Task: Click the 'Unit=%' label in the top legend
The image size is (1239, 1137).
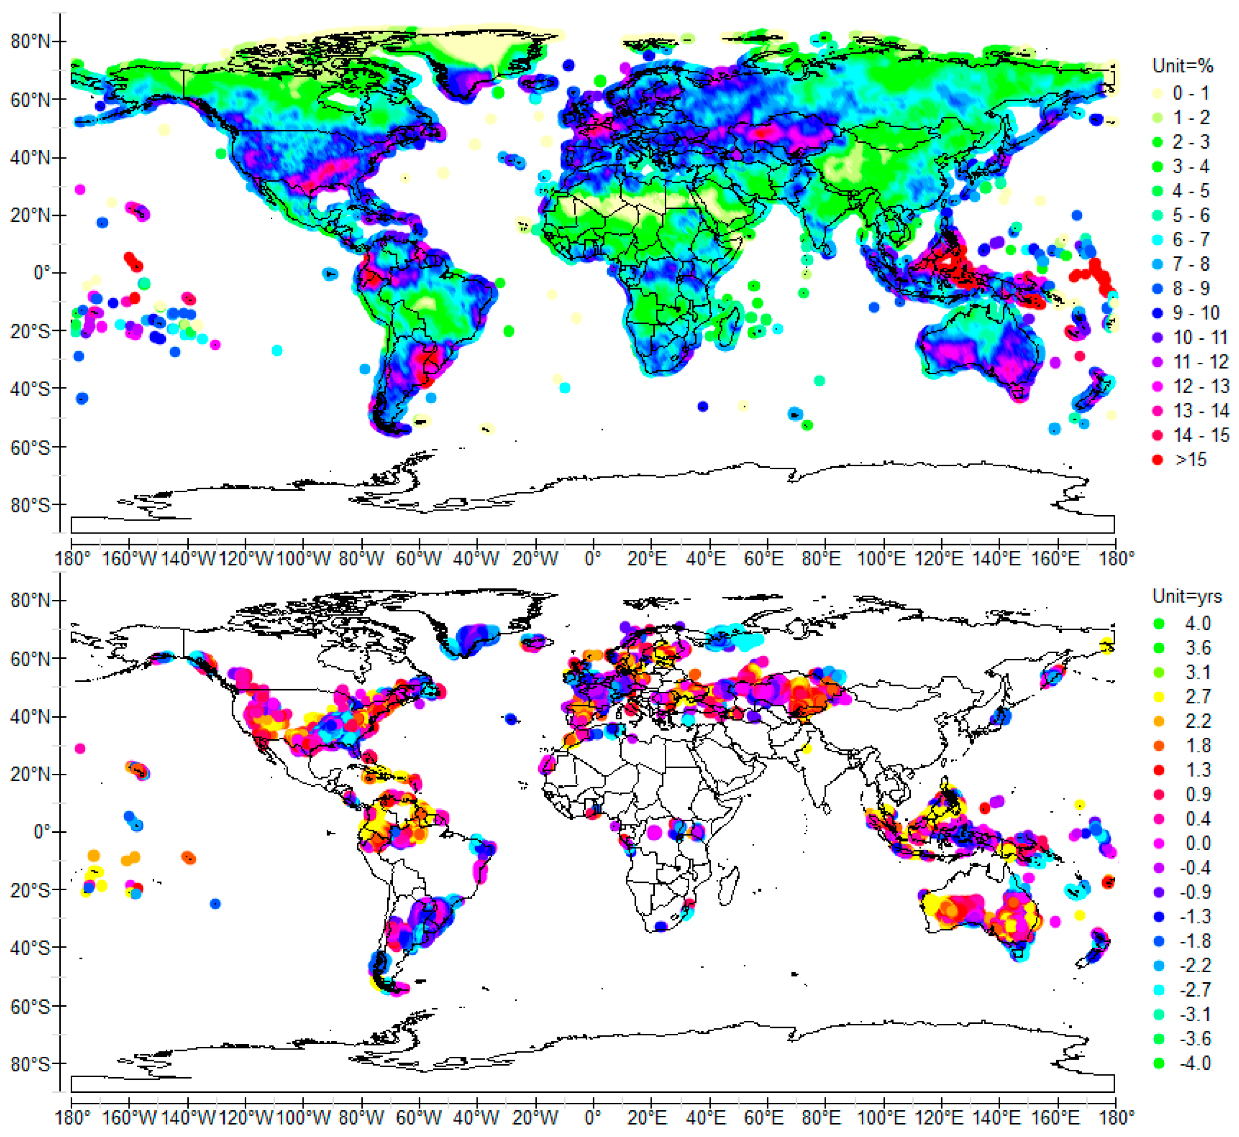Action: (x=1182, y=66)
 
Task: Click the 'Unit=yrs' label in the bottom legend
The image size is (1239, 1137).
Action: (x=1186, y=596)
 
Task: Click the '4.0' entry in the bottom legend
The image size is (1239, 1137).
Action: (x=1197, y=623)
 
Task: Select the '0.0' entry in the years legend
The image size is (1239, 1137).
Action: (x=1197, y=843)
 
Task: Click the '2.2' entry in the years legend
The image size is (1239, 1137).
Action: (x=1197, y=721)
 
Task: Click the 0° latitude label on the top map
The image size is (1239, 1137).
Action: (x=41, y=273)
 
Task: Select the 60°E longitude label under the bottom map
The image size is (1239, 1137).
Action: (x=763, y=1117)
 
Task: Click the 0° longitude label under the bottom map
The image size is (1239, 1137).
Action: (x=593, y=1117)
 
